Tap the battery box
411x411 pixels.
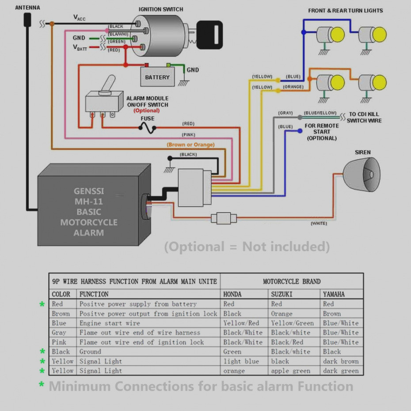coord(157,77)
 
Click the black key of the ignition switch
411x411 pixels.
coord(209,35)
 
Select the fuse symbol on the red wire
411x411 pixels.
coord(147,128)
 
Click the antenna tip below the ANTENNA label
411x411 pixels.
coord(28,19)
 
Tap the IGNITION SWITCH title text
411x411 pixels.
coord(160,9)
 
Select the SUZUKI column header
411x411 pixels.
coord(282,294)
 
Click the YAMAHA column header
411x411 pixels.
coord(334,294)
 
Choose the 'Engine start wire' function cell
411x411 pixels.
coord(110,323)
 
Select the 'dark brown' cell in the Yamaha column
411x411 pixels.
coord(340,362)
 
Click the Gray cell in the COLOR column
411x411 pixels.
coord(59,333)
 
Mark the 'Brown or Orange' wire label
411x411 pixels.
coord(190,145)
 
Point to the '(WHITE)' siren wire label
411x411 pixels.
coord(319,224)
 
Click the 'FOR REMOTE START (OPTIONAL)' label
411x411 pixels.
coord(322,132)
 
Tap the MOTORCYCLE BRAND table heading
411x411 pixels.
coord(292,282)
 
